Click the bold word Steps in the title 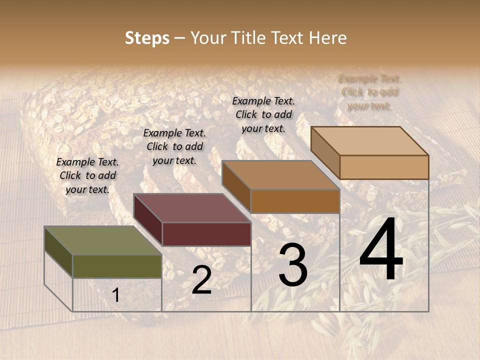pyautogui.click(x=147, y=38)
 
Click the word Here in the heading pyautogui.click(x=327, y=38)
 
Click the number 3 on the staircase pyautogui.click(x=292, y=266)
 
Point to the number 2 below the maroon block pyautogui.click(x=201, y=280)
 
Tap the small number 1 pyautogui.click(x=116, y=295)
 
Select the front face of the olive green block pyautogui.click(x=117, y=266)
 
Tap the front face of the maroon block pyautogui.click(x=206, y=234)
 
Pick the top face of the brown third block pyautogui.click(x=280, y=175)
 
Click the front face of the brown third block pyautogui.click(x=295, y=201)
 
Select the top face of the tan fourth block pyautogui.click(x=369, y=141)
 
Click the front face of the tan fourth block pyautogui.click(x=384, y=167)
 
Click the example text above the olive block pyautogui.click(x=87, y=175)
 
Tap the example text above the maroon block pyautogui.click(x=174, y=146)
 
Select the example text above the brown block pyautogui.click(x=263, y=114)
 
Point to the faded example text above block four pyautogui.click(x=370, y=92)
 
